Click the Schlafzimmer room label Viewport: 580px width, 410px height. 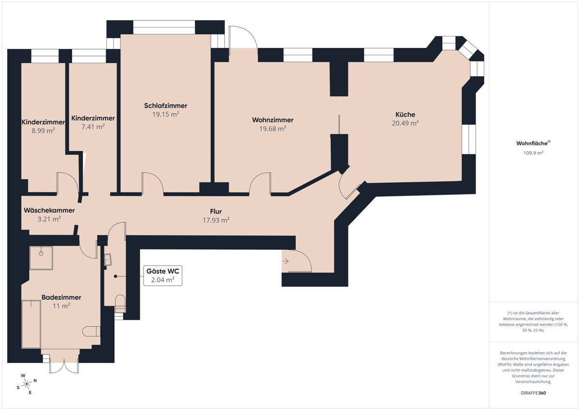tap(165, 106)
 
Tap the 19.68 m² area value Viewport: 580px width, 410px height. tap(273, 129)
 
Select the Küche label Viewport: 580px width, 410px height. tap(405, 114)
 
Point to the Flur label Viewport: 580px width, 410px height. tap(216, 211)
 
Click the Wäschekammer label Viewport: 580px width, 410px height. tap(49, 210)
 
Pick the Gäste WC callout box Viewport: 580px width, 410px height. tap(162, 276)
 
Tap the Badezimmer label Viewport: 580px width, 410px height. tap(61, 297)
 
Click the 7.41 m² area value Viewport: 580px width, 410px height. tap(93, 127)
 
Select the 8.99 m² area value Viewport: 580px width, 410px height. tap(43, 131)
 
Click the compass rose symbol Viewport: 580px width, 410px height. tap(27, 384)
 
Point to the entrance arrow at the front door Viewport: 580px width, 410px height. tap(285, 261)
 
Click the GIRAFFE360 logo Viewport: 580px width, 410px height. tap(533, 393)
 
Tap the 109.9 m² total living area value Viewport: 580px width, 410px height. tap(533, 153)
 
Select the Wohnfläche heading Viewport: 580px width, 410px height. tap(533, 143)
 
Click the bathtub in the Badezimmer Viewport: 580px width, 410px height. tap(31, 324)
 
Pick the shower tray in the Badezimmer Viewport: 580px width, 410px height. tap(41, 258)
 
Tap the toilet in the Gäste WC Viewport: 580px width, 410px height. tap(120, 304)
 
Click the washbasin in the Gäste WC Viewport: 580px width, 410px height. tap(108, 260)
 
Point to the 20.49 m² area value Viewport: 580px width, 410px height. tap(405, 123)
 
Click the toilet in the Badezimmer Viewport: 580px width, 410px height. tap(91, 332)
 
